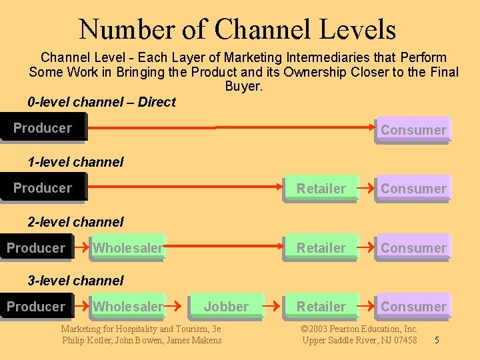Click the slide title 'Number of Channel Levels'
[x=237, y=29]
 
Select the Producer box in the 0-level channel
[x=43, y=128]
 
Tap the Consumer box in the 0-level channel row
[x=413, y=130]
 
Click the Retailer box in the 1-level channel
[x=321, y=189]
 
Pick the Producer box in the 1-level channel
[x=43, y=188]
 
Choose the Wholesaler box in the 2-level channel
[x=127, y=248]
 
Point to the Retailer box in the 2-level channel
[x=321, y=248]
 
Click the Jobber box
[x=226, y=307]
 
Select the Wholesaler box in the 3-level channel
[x=127, y=307]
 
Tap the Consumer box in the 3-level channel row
[x=413, y=307]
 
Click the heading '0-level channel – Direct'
[x=101, y=102]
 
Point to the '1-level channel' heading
[x=75, y=162]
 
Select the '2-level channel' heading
[x=75, y=221]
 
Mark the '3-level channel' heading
[x=75, y=281]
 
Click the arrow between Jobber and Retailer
[x=272, y=307]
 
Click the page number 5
[x=437, y=341]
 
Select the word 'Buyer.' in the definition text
[x=243, y=87]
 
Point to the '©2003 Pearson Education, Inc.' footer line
[x=359, y=329]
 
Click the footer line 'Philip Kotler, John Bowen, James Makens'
[x=142, y=341]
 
